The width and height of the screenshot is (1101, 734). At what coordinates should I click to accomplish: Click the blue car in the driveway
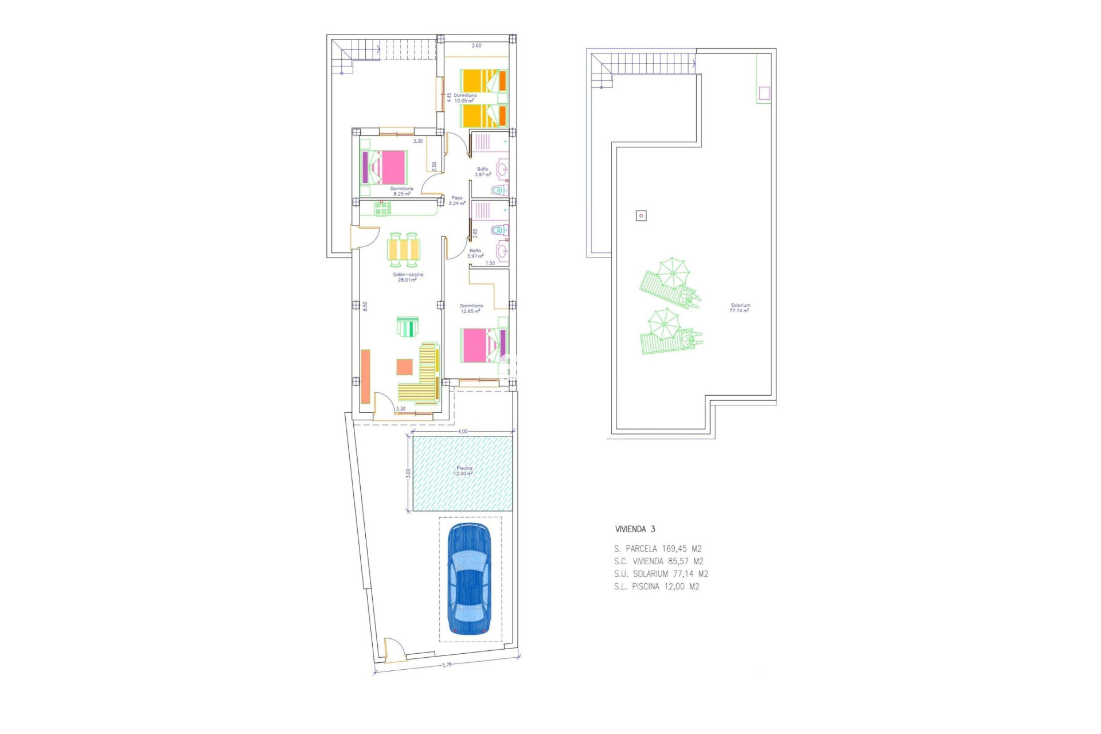coord(468,579)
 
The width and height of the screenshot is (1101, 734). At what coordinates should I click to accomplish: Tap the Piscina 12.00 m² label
coord(464,471)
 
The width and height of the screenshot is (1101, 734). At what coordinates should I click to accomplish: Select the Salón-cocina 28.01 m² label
coord(408,277)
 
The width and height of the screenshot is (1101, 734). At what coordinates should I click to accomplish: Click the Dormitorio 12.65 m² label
coord(471,309)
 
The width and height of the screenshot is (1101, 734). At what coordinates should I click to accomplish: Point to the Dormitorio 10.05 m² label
coord(464,98)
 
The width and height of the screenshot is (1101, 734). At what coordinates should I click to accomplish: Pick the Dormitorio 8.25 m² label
coord(401,191)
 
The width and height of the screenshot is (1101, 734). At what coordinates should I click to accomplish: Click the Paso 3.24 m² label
coord(456,201)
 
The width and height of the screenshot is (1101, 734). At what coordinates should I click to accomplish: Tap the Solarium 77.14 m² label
coord(740,308)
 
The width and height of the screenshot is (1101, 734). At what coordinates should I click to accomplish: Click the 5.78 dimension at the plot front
coord(447,665)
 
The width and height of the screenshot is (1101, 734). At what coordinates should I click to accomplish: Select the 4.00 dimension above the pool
coord(462,431)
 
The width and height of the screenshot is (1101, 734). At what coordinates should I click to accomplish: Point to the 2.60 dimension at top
coord(476,45)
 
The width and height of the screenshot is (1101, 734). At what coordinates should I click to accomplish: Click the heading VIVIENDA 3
coord(635,529)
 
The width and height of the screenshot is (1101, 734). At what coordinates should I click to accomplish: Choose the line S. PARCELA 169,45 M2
coord(658,549)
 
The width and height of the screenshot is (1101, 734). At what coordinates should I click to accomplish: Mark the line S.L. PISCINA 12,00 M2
coord(657,587)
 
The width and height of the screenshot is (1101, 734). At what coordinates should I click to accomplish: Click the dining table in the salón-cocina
coord(404,250)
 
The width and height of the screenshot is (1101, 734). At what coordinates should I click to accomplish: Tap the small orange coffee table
coord(404,366)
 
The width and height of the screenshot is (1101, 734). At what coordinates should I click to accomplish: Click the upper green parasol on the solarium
coord(673,272)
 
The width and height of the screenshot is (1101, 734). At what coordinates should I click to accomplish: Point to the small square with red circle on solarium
coord(641,216)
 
